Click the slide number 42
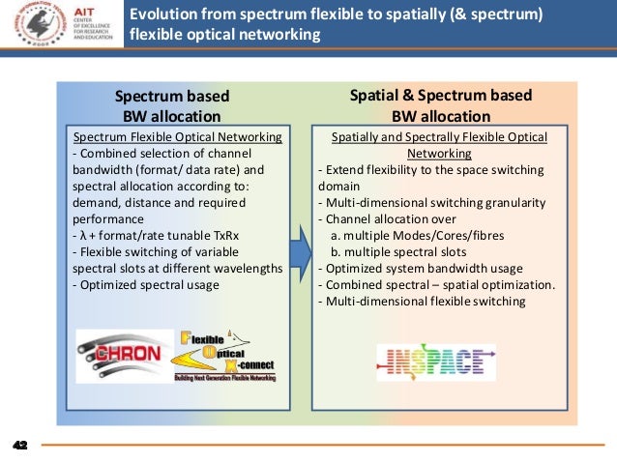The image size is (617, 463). pos(18,446)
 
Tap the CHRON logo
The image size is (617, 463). pos(121,351)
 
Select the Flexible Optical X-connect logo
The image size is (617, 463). pos(221,357)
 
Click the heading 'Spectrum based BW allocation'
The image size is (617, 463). pos(172,106)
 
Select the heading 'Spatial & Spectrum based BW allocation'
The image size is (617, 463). pos(440,105)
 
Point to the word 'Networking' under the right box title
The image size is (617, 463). pos(439,153)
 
